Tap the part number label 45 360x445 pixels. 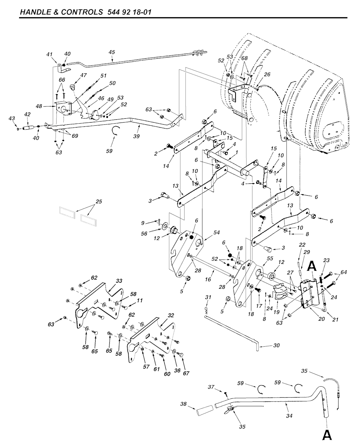(x=112, y=52)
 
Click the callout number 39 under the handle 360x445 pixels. (x=136, y=136)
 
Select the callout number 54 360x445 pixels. (x=217, y=233)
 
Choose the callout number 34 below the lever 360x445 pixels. (x=289, y=416)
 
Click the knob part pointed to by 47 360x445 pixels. (x=72, y=86)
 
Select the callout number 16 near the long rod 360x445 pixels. (x=208, y=279)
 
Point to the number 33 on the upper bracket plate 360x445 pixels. (x=119, y=281)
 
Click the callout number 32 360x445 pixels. (x=171, y=315)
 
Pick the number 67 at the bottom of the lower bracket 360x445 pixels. (x=186, y=373)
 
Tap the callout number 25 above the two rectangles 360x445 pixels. (x=99, y=201)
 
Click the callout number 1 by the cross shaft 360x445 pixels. (x=237, y=153)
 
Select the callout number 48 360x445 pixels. (x=39, y=106)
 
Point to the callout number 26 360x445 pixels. (x=267, y=74)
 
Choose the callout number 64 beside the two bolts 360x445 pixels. (x=343, y=272)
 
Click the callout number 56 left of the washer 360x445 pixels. (x=144, y=233)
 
